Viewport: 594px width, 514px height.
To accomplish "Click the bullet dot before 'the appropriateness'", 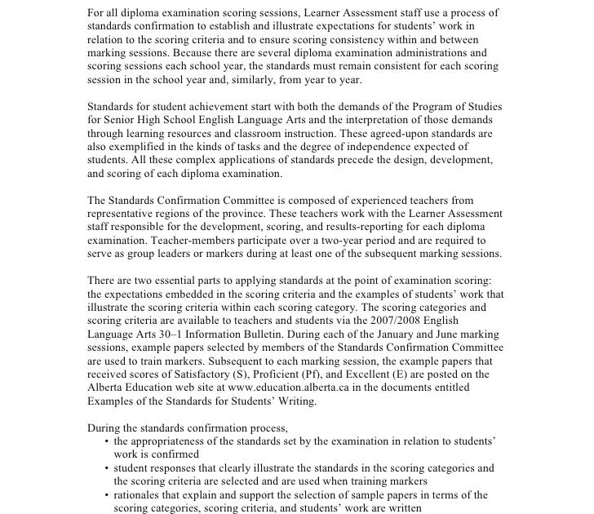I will [x=107, y=441].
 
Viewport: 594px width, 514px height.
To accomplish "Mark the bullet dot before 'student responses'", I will [x=107, y=468].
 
